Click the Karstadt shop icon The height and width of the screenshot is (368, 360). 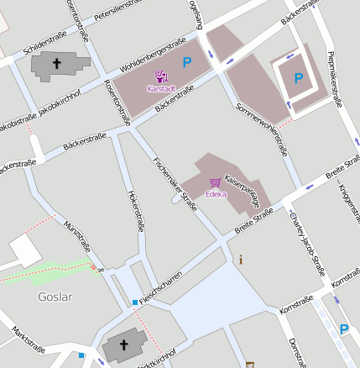(160, 76)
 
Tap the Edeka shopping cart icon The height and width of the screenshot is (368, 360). (215, 182)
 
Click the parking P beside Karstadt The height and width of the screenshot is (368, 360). (187, 61)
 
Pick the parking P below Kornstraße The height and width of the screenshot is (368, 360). (343, 329)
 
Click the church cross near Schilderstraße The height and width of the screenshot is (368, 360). (58, 63)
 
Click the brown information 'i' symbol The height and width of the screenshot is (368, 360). (241, 260)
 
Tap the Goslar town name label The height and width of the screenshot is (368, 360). (55, 297)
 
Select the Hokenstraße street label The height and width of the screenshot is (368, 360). (135, 210)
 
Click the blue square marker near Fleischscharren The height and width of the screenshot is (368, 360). (134, 302)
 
